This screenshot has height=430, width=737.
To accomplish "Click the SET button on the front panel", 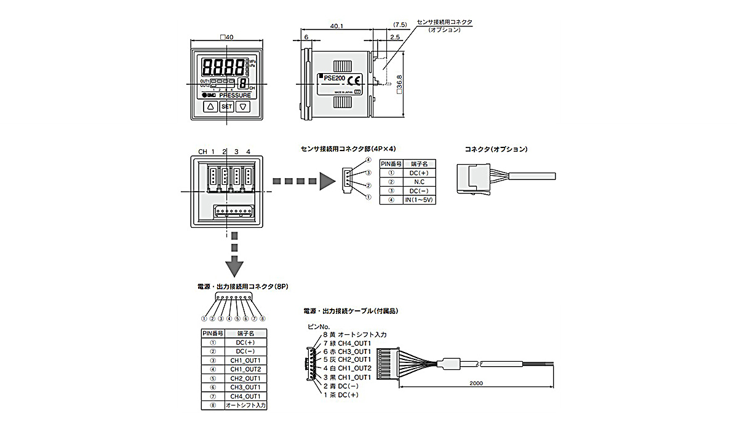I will [227, 106].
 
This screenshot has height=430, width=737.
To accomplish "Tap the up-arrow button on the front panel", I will [209, 106].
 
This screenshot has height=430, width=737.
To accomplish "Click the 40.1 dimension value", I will [337, 26].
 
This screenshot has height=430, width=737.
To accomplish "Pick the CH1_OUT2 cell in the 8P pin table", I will [245, 369].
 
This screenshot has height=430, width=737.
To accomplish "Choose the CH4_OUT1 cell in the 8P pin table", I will [245, 396].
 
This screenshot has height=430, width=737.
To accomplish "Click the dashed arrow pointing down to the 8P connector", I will [234, 254].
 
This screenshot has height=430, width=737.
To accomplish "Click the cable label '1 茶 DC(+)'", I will [341, 394].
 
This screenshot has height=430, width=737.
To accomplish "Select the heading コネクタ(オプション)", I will [496, 149].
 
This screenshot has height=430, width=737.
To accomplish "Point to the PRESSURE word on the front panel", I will [234, 95].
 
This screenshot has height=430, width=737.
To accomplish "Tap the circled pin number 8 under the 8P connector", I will [262, 318].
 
